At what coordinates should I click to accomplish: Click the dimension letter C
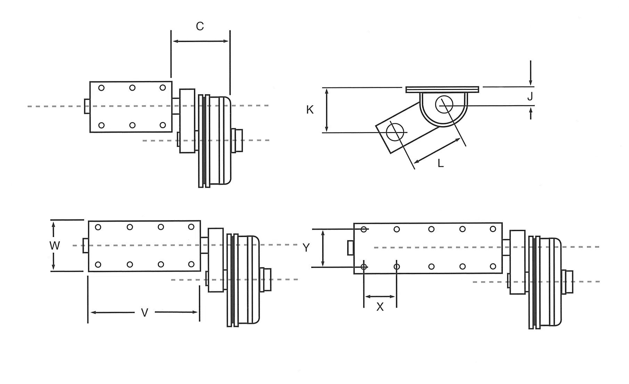pos(200,26)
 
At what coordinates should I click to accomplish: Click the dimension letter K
pos(310,110)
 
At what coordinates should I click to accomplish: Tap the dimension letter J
pos(530,97)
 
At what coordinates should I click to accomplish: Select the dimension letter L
pos(441,163)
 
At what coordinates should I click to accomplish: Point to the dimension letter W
pos(55,246)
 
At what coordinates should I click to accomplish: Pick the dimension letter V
pos(145,313)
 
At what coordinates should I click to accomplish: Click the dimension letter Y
pos(306,248)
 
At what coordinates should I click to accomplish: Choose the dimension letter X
pos(380,307)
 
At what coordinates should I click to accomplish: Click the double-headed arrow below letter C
pos(201,41)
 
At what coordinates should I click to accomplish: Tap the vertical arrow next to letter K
pos(327,110)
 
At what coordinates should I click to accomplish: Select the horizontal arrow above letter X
pos(380,297)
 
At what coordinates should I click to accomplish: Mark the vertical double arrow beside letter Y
pos(323,248)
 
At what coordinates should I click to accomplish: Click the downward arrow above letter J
pos(530,73)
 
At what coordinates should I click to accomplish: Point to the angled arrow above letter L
pos(437,151)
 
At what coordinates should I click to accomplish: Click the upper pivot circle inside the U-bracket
pos(444,104)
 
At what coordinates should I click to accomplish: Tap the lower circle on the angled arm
pos(395,132)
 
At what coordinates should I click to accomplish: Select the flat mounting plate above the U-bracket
pos(442,90)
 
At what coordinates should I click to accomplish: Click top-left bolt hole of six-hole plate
pos(101,88)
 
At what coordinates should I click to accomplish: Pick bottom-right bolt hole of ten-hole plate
pos(493,267)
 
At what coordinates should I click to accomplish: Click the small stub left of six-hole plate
pos(87,106)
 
